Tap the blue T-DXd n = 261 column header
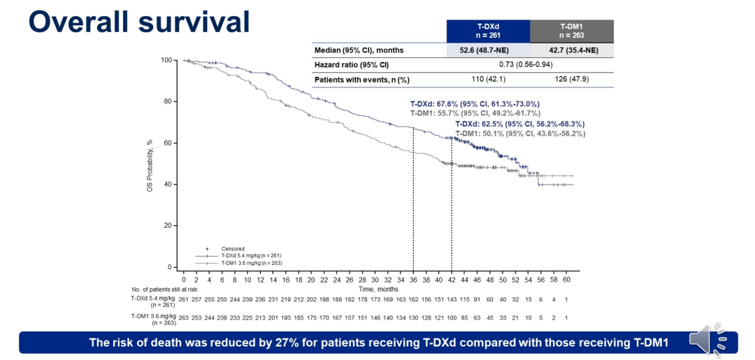click(487, 31)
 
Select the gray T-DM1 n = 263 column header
click(572, 31)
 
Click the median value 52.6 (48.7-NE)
click(487, 50)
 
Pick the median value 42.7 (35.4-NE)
click(572, 50)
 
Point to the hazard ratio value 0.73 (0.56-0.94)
click(530, 65)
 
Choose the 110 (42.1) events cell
click(487, 80)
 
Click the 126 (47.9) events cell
click(572, 80)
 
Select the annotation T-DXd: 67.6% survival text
click(475, 103)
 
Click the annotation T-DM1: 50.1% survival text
click(520, 134)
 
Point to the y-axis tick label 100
click(166, 60)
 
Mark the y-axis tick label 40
click(168, 185)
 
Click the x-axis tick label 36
click(413, 280)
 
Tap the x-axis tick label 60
click(567, 280)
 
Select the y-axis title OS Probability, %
click(150, 165)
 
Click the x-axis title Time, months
click(378, 289)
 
